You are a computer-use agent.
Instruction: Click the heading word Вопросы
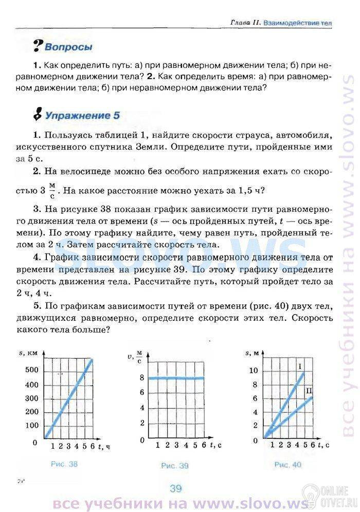68,47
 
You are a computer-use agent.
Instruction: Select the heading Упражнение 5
82,115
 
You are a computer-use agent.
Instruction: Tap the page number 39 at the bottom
176,488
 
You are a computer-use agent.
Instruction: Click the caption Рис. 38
64,464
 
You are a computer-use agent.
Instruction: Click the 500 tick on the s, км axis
30,370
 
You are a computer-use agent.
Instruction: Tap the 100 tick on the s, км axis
30,425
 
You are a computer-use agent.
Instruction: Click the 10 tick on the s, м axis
252,370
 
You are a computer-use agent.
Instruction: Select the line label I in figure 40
299,365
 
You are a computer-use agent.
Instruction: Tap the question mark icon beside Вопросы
37,46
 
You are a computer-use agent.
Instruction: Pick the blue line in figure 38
68,398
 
